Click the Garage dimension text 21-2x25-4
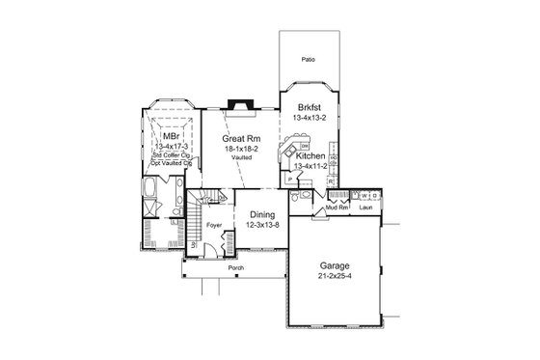pyautogui.click(x=335, y=276)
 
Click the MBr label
pyautogui.click(x=172, y=136)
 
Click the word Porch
pyautogui.click(x=236, y=265)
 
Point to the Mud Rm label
pyautogui.click(x=335, y=207)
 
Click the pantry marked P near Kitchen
pyautogui.click(x=290, y=180)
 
